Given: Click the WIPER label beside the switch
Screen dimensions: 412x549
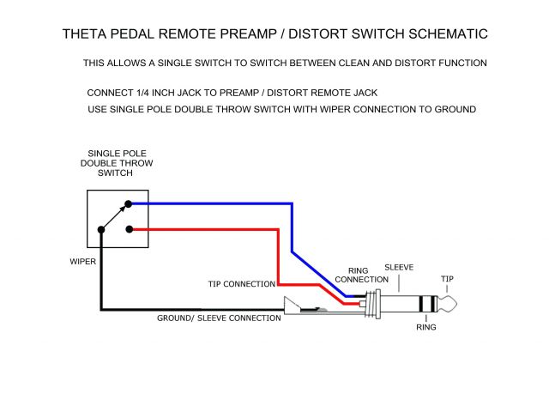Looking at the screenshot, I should (x=83, y=260).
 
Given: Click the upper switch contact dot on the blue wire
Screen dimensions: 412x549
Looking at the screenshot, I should (x=129, y=204).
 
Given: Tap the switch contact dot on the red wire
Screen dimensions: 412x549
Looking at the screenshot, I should (x=129, y=229).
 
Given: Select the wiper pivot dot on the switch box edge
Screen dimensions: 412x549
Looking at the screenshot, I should (x=102, y=229).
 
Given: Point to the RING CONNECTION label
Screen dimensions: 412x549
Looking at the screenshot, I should (x=361, y=275).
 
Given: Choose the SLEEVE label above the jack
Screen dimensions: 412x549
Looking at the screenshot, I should (x=399, y=267).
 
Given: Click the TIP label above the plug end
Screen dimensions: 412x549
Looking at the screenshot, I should (x=448, y=278).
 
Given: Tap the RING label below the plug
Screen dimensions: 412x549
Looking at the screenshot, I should (x=426, y=327).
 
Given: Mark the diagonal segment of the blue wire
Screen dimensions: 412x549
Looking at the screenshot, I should (x=317, y=274).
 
